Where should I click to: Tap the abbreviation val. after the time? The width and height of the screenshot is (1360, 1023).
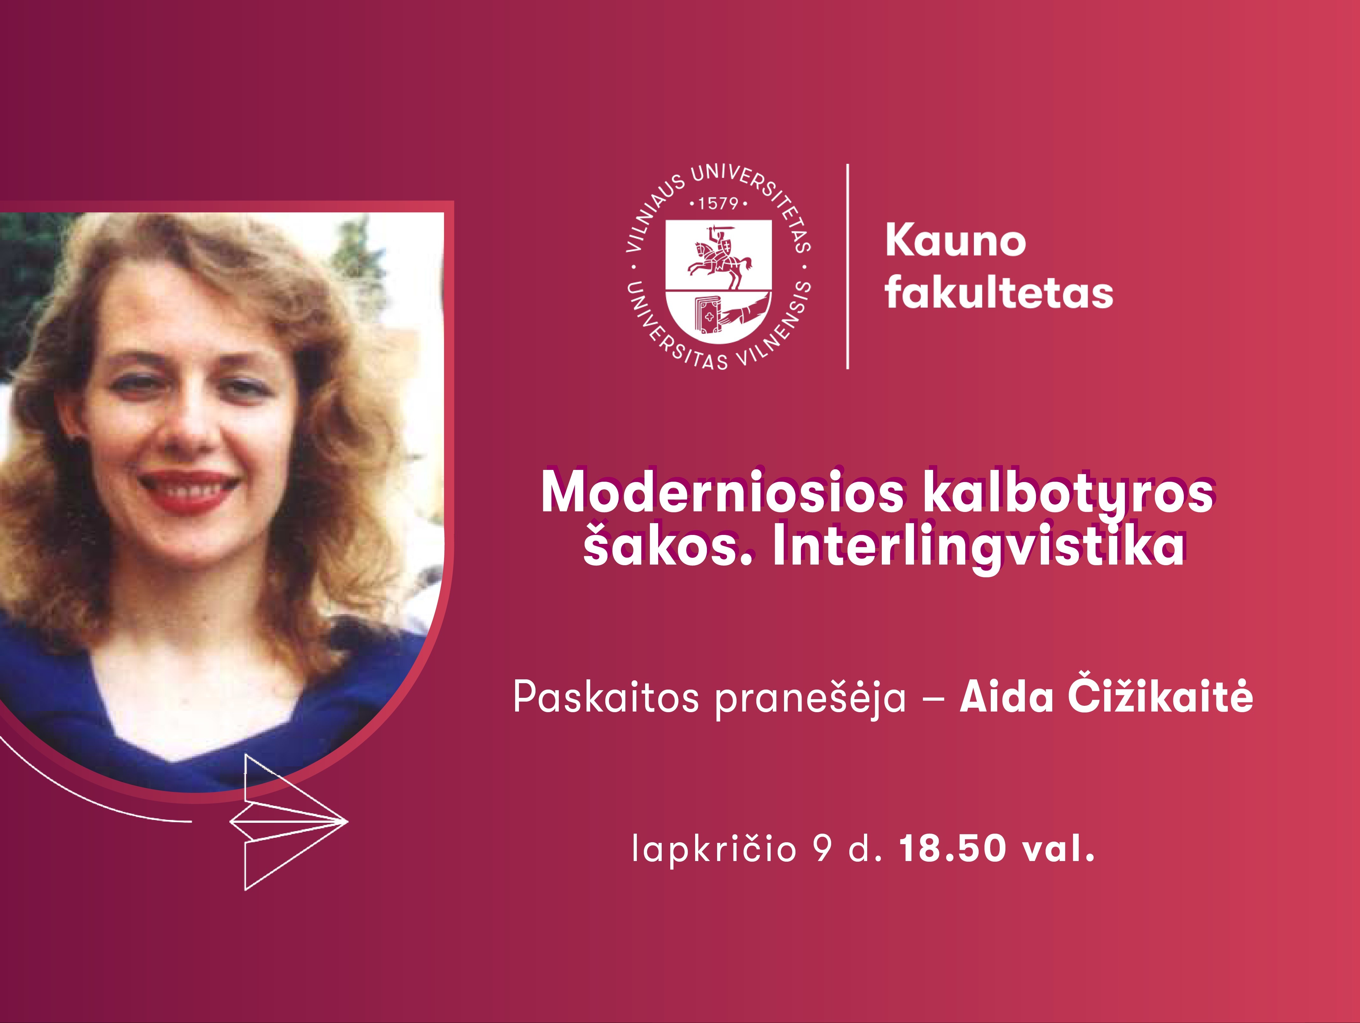[x=1059, y=849]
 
